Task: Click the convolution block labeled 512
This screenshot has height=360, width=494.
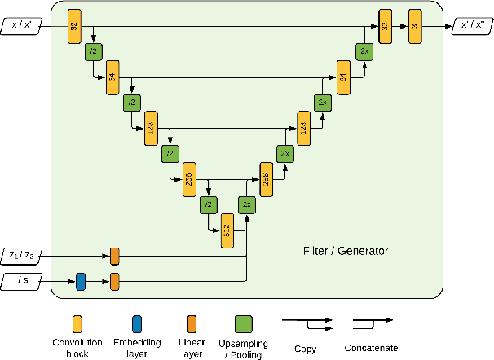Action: (227, 230)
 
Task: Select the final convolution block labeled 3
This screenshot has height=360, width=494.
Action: (414, 25)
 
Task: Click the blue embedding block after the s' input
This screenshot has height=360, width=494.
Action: (80, 282)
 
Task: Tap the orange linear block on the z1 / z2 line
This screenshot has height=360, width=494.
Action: (115, 256)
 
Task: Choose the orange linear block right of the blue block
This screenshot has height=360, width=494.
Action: (115, 282)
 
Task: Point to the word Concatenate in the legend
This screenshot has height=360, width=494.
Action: (371, 349)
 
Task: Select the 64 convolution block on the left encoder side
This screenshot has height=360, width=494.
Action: (112, 77)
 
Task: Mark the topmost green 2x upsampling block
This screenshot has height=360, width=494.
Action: (364, 51)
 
